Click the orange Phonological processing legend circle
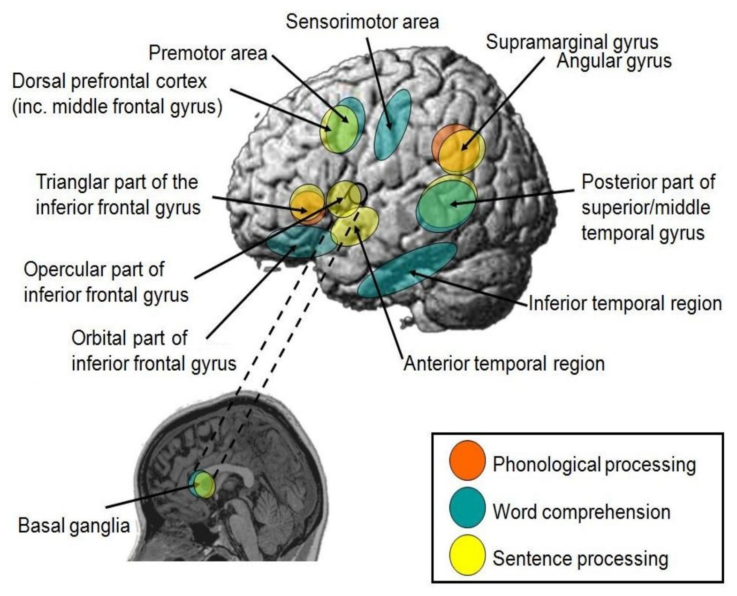point(467,460)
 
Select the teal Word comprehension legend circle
point(467,508)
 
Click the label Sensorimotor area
point(362,22)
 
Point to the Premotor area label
point(208,53)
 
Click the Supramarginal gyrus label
point(571,42)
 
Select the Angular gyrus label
point(614,61)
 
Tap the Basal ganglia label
point(74,526)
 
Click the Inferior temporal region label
point(625,304)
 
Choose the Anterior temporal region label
point(504,364)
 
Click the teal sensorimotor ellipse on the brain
point(392,124)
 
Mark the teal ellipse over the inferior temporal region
point(407,270)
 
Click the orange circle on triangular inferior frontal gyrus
point(307,206)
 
